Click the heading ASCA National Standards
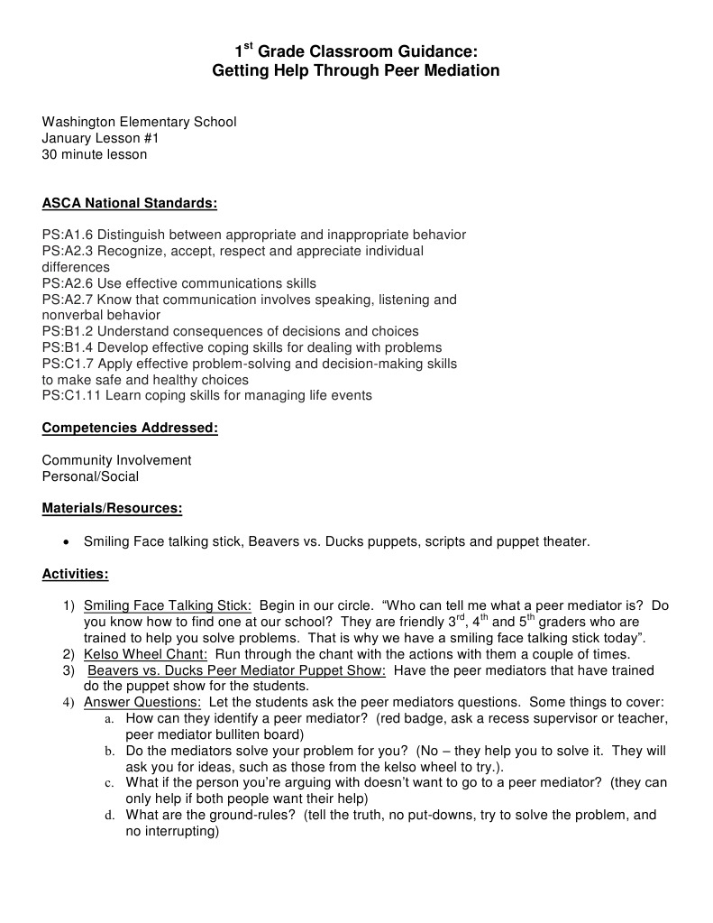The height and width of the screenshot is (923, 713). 130,203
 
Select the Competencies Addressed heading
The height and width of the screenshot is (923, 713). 130,428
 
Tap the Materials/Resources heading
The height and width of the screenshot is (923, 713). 112,508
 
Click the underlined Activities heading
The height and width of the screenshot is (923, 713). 75,573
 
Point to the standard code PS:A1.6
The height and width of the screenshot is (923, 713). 68,235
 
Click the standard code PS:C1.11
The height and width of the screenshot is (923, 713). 71,395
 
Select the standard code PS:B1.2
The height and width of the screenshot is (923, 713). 68,331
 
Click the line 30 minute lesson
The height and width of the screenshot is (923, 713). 95,154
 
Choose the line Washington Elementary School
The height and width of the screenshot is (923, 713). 139,122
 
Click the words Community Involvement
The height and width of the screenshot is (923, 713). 116,460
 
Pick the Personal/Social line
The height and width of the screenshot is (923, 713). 90,476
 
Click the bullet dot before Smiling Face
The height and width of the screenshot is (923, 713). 66,542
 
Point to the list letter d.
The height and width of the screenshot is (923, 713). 108,816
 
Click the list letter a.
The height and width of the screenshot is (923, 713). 108,719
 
